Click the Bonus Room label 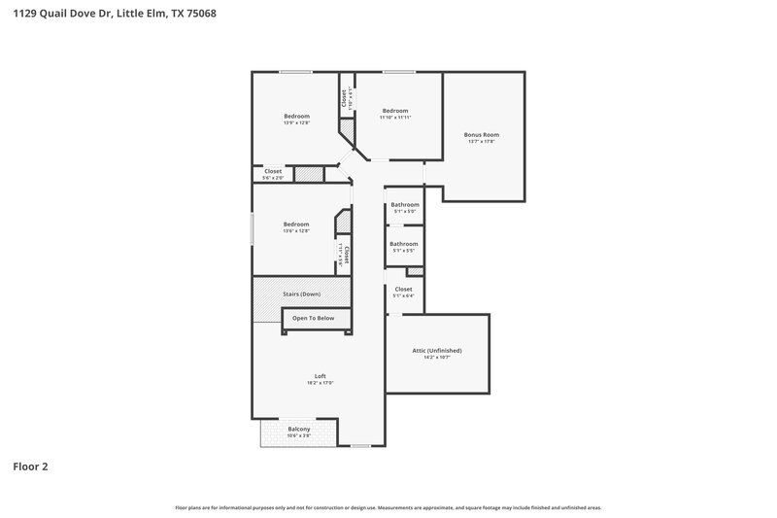(481, 134)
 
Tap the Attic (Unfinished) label (437, 350)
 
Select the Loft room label (320, 376)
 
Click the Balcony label (299, 429)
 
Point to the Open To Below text (313, 318)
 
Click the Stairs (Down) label (301, 293)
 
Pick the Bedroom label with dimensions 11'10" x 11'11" (395, 111)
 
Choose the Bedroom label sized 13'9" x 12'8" (296, 117)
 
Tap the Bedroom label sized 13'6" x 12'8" (296, 224)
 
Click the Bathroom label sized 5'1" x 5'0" (405, 205)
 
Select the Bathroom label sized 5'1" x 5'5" (404, 244)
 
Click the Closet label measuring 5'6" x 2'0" (273, 171)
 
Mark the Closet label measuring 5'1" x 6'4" (404, 289)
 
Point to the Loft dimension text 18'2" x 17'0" (320, 383)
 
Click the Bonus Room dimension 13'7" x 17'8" (481, 142)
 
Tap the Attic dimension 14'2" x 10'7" (437, 357)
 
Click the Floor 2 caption (30, 466)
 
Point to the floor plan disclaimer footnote (388, 507)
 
